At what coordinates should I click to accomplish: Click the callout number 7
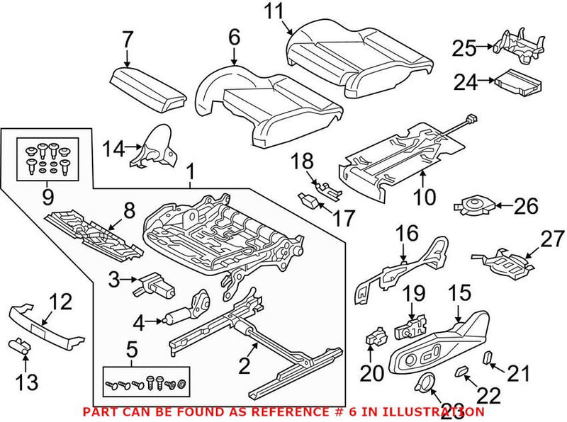(x=127, y=39)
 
